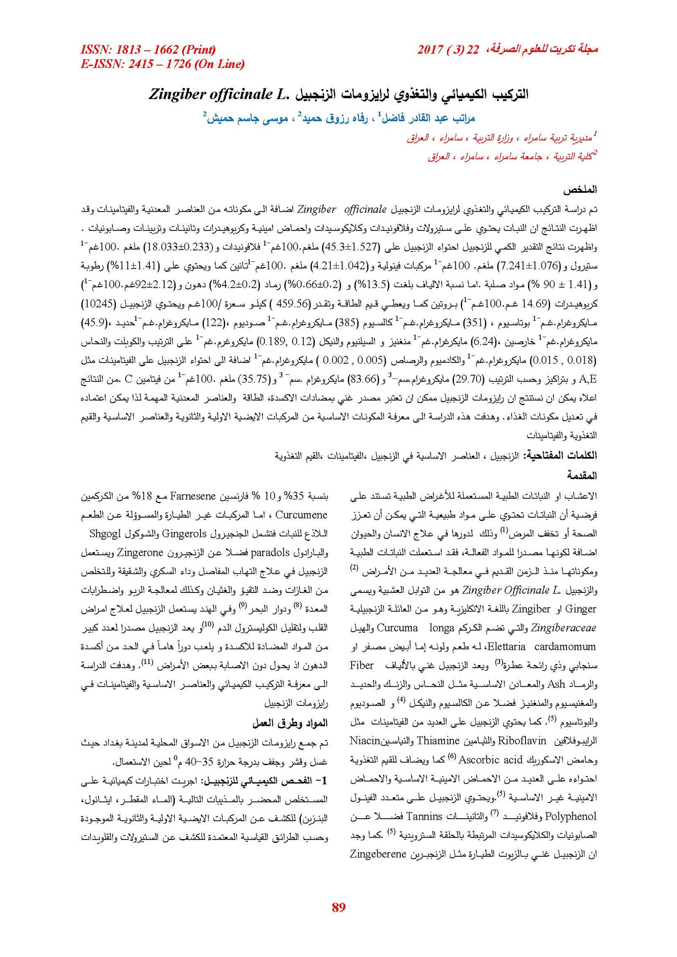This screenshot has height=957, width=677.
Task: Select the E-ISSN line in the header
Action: (x=162, y=64)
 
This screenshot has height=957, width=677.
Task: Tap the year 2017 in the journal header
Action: (x=430, y=50)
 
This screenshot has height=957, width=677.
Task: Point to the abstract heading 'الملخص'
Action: (x=580, y=190)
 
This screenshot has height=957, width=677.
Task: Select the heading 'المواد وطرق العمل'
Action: (x=290, y=723)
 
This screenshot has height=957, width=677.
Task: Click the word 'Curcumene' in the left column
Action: (x=301, y=515)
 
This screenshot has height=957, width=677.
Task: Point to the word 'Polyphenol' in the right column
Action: (x=571, y=816)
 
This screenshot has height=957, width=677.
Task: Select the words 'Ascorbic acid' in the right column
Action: (x=491, y=760)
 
